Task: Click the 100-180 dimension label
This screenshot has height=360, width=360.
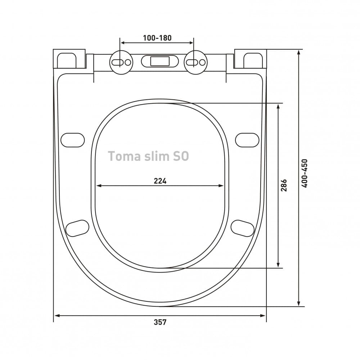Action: coord(157,38)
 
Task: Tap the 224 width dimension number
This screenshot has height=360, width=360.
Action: coord(160,181)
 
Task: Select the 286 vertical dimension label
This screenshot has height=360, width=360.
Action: coord(284,185)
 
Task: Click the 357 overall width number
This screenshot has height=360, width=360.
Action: coord(160,322)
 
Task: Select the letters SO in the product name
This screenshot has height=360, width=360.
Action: coord(180,156)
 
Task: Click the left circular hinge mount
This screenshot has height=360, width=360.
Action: coord(121,62)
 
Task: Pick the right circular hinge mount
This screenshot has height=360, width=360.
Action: coord(195,62)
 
